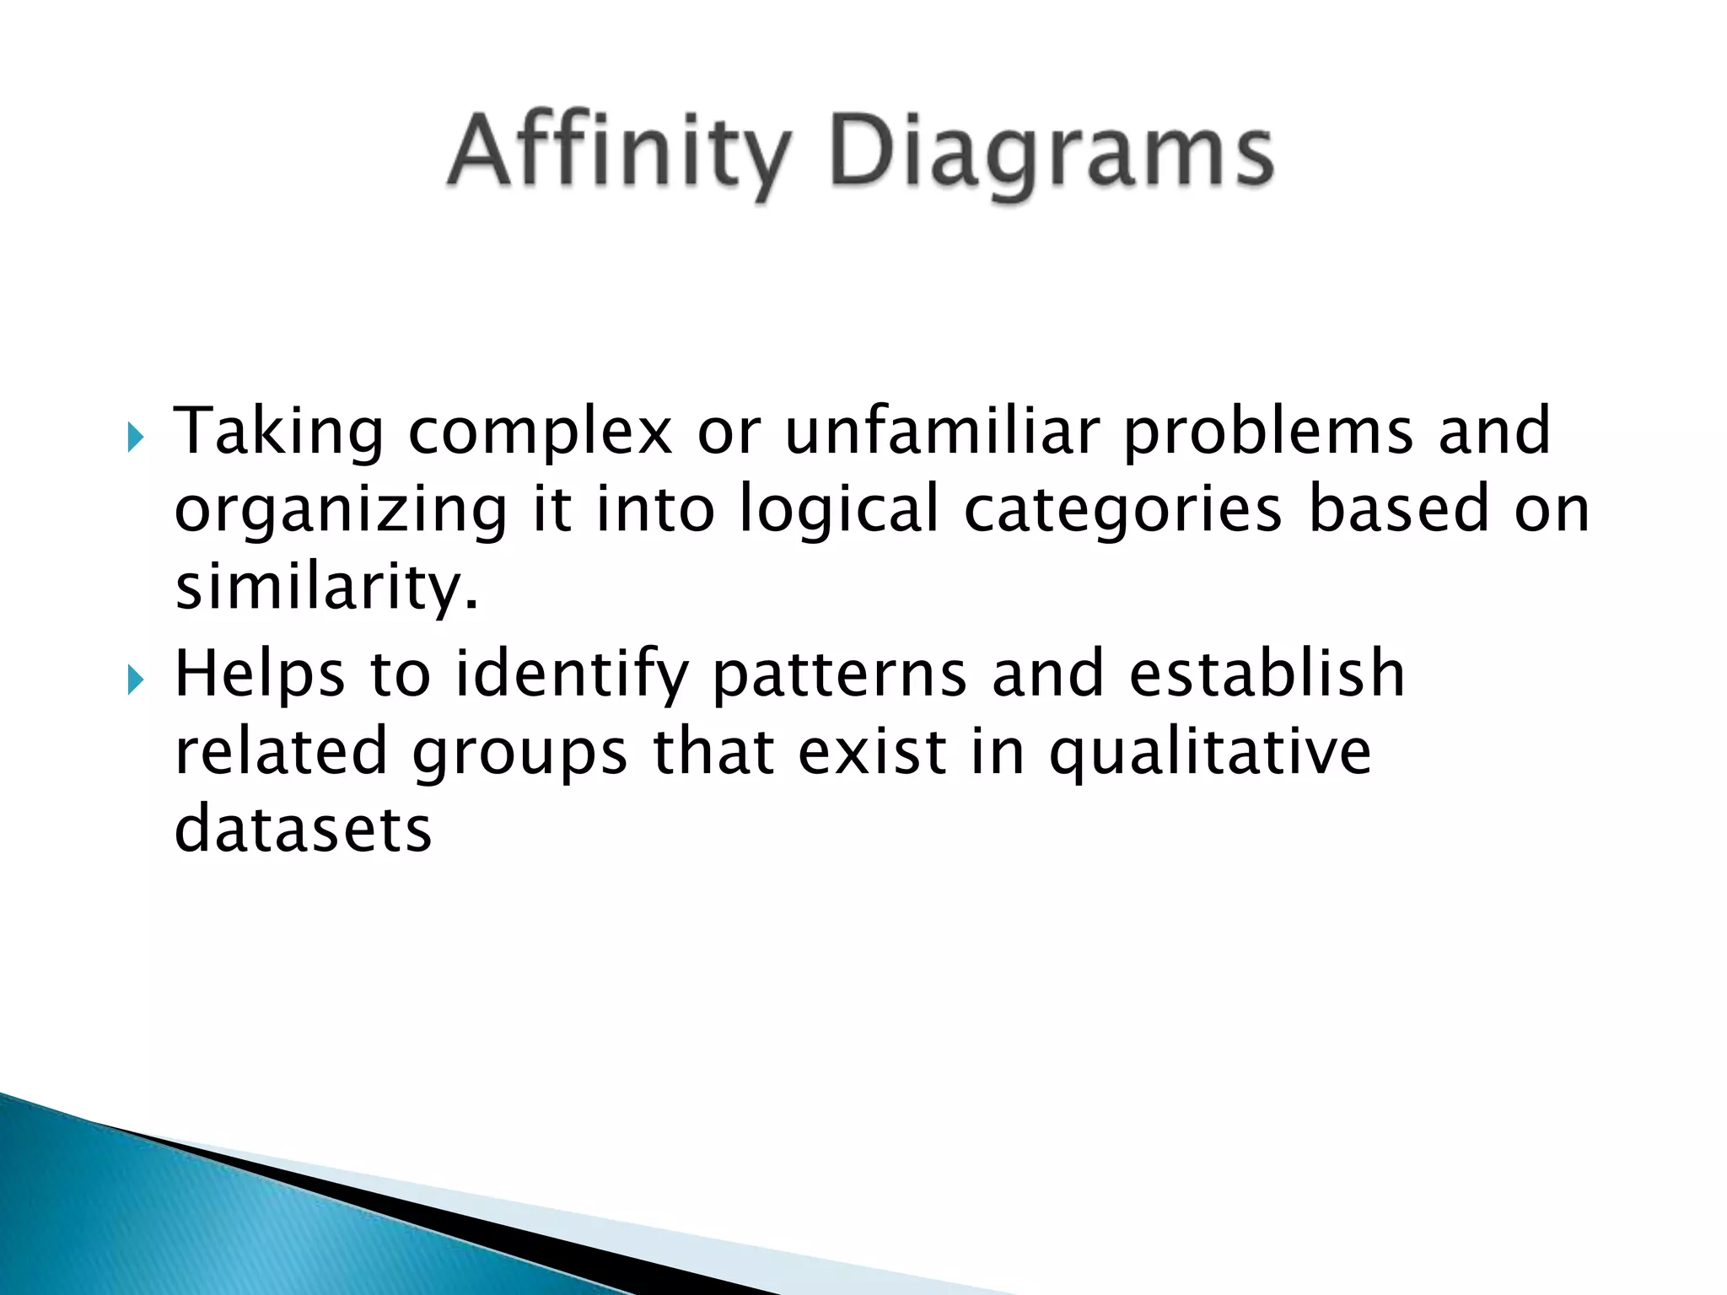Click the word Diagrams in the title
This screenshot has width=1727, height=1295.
[x=1052, y=153]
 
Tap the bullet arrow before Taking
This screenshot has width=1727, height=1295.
[x=136, y=438]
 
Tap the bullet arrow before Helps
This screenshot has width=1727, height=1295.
[x=136, y=679]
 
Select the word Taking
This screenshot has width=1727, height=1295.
[x=279, y=432]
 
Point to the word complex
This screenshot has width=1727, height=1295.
[x=541, y=432]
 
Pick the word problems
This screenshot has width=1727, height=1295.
[x=1268, y=432]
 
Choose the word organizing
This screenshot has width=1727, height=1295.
[x=341, y=510]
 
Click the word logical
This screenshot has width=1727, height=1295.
[x=839, y=510]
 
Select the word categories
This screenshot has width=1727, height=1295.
[x=1122, y=510]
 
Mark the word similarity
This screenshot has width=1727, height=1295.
[x=326, y=588]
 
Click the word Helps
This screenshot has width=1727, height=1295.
[x=260, y=674]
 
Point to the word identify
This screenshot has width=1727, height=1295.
[x=572, y=674]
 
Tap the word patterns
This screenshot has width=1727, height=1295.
[x=839, y=674]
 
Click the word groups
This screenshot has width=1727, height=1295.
[x=519, y=753]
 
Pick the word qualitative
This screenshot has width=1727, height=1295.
[x=1209, y=751]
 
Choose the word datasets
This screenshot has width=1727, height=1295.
[x=303, y=829]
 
